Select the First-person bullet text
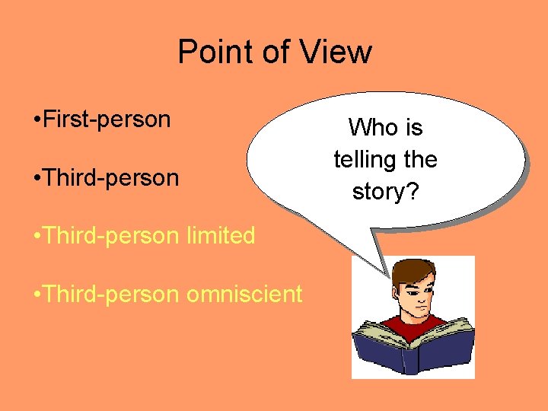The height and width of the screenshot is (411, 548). point(107,119)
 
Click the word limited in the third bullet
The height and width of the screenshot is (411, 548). point(221,236)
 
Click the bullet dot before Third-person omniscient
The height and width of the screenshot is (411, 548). point(37,295)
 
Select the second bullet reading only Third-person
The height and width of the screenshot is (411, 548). point(111,178)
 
